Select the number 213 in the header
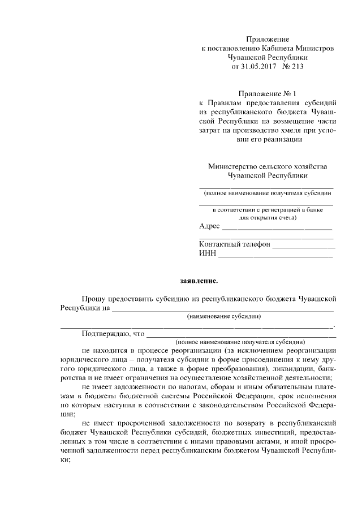click(x=298, y=66)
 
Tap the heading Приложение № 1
click(x=268, y=93)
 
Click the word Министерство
click(x=232, y=166)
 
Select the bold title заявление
click(x=199, y=279)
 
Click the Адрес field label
click(x=209, y=226)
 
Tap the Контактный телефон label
click(x=235, y=244)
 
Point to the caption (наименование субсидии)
click(x=223, y=317)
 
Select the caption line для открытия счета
click(x=266, y=217)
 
